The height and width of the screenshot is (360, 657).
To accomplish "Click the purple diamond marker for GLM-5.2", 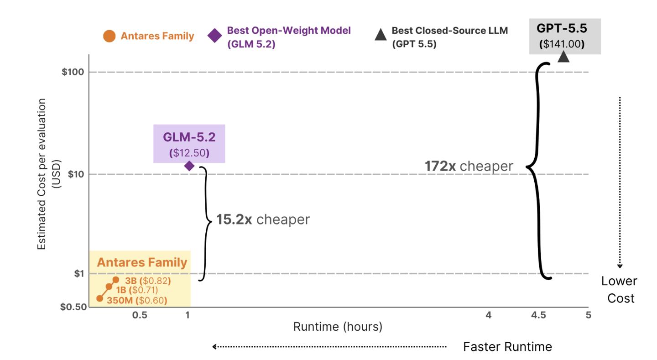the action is (x=189, y=166).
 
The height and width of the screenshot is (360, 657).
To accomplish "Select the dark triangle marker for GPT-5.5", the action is (x=563, y=57).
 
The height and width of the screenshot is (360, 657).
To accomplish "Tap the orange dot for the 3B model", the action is (x=116, y=280).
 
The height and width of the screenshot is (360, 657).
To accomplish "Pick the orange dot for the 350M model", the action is (x=100, y=298).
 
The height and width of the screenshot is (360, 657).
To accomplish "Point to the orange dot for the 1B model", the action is (x=109, y=287).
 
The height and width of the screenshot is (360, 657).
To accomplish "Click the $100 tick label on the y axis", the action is (x=73, y=72).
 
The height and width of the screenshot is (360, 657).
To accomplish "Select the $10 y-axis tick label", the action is (x=76, y=174).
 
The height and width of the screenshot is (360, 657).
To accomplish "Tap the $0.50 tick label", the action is (x=73, y=307).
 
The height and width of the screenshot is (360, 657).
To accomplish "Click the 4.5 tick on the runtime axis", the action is (x=538, y=315).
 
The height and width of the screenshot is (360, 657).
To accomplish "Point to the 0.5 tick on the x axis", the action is (x=140, y=315).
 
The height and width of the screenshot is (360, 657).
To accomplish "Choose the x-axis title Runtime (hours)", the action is (x=338, y=327).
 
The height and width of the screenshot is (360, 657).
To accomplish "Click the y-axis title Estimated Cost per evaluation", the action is (x=42, y=174).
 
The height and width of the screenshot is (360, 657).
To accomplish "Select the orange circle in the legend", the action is (x=109, y=36).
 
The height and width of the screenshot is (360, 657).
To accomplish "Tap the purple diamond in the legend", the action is (x=215, y=36).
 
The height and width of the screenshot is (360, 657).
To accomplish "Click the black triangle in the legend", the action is (x=381, y=34).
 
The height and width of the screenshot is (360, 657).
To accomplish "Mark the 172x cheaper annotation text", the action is (x=469, y=166).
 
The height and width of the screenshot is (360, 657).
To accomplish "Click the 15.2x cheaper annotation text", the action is (x=263, y=219).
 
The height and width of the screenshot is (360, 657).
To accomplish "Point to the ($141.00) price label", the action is (x=562, y=44).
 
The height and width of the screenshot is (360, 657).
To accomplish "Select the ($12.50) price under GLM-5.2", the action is (x=189, y=153).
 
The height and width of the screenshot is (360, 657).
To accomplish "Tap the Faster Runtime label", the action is (x=507, y=347).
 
